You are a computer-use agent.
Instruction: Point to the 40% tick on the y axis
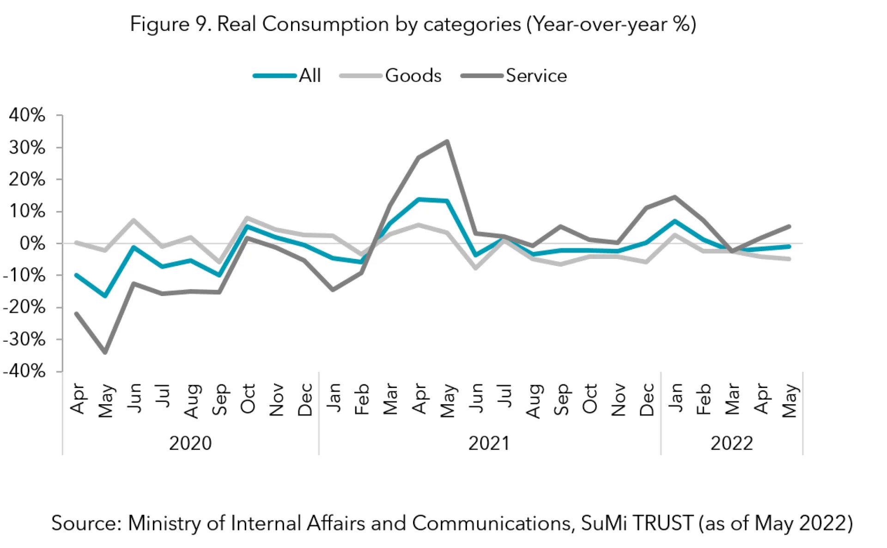pyautogui.click(x=27, y=115)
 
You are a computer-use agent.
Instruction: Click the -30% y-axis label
pyautogui.click(x=24, y=339)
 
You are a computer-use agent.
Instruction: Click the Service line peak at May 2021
pyautogui.click(x=447, y=142)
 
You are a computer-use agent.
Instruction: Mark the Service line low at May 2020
pyautogui.click(x=105, y=352)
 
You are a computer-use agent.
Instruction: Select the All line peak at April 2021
pyautogui.click(x=419, y=200)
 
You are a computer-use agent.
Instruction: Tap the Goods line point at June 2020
pyautogui.click(x=134, y=220)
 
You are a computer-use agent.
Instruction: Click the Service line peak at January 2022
pyautogui.click(x=675, y=197)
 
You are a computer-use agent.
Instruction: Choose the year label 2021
pyautogui.click(x=489, y=443)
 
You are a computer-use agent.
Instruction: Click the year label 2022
pyautogui.click(x=731, y=443)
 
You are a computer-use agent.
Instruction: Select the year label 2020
pyautogui.click(x=190, y=443)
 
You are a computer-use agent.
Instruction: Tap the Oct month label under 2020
pyautogui.click(x=248, y=399)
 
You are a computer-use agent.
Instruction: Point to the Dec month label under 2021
pyautogui.click(x=647, y=400)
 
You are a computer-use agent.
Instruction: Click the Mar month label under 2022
pyautogui.click(x=732, y=399)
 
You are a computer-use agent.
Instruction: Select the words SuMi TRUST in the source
pyautogui.click(x=637, y=523)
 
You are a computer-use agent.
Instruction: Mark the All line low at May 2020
pyautogui.click(x=105, y=296)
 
